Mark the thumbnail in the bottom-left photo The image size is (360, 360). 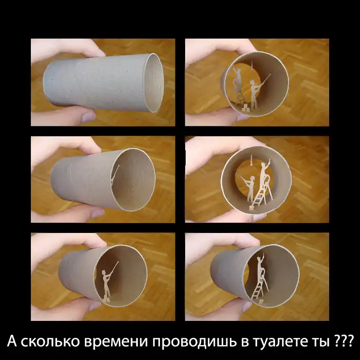pos(95,306)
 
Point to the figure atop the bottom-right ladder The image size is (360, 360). pos(260,264)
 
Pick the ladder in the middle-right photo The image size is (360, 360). pos(262,192)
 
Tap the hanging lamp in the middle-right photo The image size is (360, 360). pos(251,160)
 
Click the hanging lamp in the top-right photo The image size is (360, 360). pos(252,65)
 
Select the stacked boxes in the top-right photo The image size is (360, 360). pos(245,107)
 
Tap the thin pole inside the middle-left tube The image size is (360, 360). pos(115,174)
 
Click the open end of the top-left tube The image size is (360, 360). pos(153,83)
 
